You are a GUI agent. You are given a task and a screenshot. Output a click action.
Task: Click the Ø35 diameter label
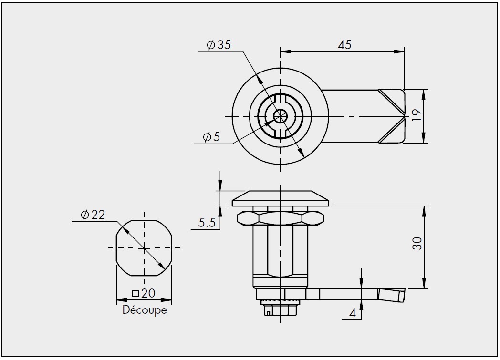219,45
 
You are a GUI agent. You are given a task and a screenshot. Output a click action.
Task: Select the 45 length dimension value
344,45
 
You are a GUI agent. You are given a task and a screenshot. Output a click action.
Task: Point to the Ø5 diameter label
211,137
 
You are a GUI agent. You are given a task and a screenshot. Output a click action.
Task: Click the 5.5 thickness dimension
206,222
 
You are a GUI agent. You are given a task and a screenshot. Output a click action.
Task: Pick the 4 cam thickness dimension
353,313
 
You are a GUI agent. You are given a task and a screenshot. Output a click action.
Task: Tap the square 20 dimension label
144,293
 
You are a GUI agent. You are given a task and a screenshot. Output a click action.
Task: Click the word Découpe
145,310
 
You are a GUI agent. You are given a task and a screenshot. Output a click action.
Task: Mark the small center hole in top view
280,116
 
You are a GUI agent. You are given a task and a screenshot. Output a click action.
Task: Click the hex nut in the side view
280,218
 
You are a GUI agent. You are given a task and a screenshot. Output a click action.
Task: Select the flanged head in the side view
280,198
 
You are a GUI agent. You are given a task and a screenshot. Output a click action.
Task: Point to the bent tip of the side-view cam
392,294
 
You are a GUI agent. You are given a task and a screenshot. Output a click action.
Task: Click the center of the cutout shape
144,248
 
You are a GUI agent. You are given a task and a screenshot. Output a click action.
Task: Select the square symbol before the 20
135,293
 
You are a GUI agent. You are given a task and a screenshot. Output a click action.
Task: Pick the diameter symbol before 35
210,45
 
